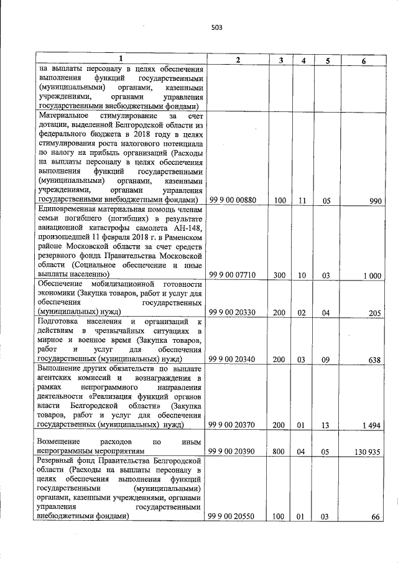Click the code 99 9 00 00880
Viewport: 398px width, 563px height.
(233, 200)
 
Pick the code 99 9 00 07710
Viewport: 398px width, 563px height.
(233, 274)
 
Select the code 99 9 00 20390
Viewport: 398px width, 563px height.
(233, 452)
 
